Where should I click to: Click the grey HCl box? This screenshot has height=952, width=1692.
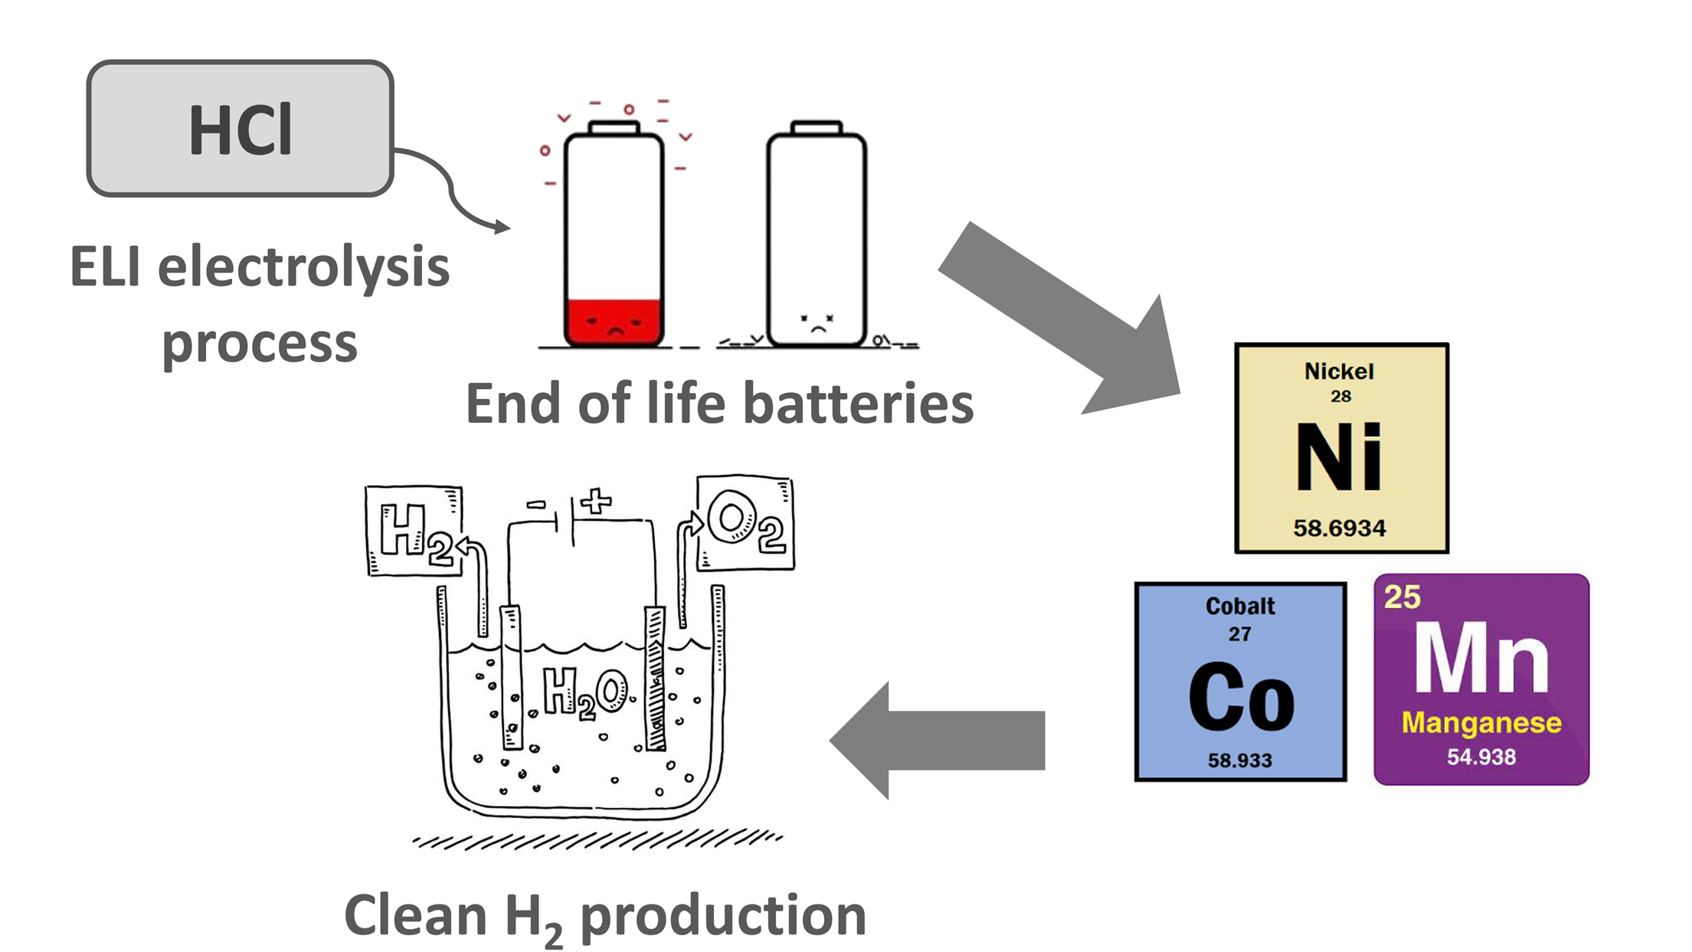tap(240, 129)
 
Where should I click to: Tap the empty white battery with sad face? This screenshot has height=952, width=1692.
tap(817, 237)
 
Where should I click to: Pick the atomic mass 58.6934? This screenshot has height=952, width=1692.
tap(1340, 528)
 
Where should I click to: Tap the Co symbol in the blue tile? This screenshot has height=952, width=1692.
tap(1241, 698)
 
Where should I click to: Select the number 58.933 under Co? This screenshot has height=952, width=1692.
tap(1240, 761)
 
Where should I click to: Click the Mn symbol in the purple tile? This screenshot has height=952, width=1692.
tap(1481, 658)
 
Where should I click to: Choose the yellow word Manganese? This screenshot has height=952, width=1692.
tap(1481, 722)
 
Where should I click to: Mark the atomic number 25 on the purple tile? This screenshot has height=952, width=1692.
tap(1402, 597)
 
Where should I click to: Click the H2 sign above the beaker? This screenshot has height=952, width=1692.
tap(414, 530)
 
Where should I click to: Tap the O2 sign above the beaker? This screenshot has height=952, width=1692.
tap(745, 523)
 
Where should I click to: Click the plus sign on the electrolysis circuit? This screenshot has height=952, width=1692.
tap(596, 502)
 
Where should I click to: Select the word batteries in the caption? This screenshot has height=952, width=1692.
tap(858, 404)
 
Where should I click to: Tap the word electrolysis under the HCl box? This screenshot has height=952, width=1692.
tap(303, 268)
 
